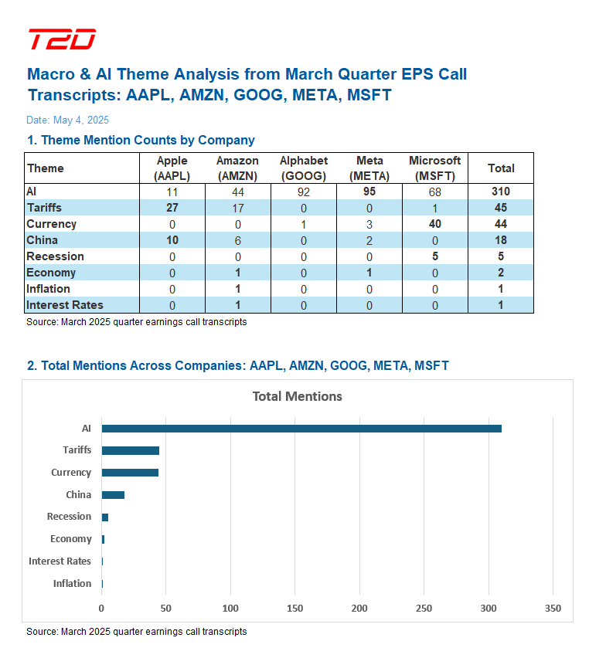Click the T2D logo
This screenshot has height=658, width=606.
click(62, 39)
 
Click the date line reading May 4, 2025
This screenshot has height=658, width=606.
click(67, 120)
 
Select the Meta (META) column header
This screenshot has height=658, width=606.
click(369, 168)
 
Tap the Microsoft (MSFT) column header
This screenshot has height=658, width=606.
click(434, 168)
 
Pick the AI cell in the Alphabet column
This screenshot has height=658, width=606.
click(303, 192)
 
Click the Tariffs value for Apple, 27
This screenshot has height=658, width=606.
click(172, 208)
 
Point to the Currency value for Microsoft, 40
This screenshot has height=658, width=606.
click(434, 224)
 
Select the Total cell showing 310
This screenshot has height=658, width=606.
click(500, 192)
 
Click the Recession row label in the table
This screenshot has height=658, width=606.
click(55, 256)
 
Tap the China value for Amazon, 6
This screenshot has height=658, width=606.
click(237, 240)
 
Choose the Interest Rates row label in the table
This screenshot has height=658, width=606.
click(64, 305)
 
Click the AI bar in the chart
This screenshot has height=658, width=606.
click(301, 429)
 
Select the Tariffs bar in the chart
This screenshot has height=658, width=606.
click(130, 450)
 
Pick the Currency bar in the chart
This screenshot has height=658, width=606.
click(130, 473)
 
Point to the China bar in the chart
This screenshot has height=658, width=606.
click(113, 495)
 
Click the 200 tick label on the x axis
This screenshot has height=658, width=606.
click(359, 609)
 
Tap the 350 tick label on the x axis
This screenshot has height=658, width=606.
click(553, 609)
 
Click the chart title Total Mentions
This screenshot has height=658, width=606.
click(297, 396)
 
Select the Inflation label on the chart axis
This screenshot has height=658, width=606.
click(72, 584)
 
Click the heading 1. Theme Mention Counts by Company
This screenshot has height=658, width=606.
click(141, 141)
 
